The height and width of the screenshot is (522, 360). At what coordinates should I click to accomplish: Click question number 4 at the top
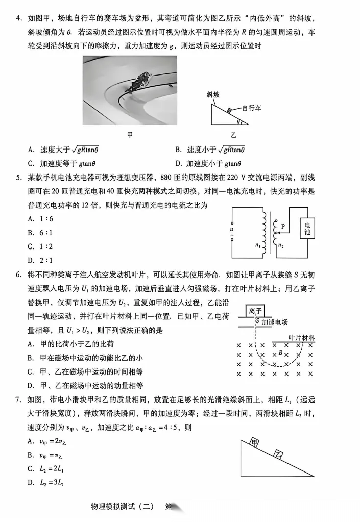(x=18, y=19)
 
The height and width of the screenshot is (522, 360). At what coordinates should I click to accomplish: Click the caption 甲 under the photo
(x=130, y=135)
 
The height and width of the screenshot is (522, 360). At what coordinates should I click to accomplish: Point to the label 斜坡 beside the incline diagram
(x=213, y=95)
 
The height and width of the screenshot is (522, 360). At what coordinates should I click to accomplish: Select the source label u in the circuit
(x=232, y=230)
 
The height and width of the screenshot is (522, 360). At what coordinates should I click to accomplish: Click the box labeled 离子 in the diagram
(x=255, y=311)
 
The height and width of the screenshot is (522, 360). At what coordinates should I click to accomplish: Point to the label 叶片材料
(x=301, y=338)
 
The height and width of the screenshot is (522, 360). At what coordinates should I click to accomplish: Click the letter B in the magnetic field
(x=280, y=352)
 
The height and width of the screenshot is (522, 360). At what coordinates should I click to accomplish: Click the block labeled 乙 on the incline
(x=278, y=454)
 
